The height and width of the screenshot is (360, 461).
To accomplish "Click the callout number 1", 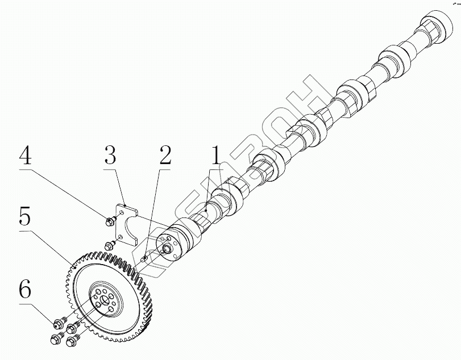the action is click(x=215, y=155).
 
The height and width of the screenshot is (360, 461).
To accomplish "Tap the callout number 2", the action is click(x=165, y=155).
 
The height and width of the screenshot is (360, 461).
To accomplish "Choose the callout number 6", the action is click(x=25, y=291).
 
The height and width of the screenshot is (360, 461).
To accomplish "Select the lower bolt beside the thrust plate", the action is click(x=110, y=245).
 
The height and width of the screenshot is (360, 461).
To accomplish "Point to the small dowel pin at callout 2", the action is click(x=146, y=259).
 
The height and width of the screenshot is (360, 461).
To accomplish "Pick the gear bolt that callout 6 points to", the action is click(x=58, y=325).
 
